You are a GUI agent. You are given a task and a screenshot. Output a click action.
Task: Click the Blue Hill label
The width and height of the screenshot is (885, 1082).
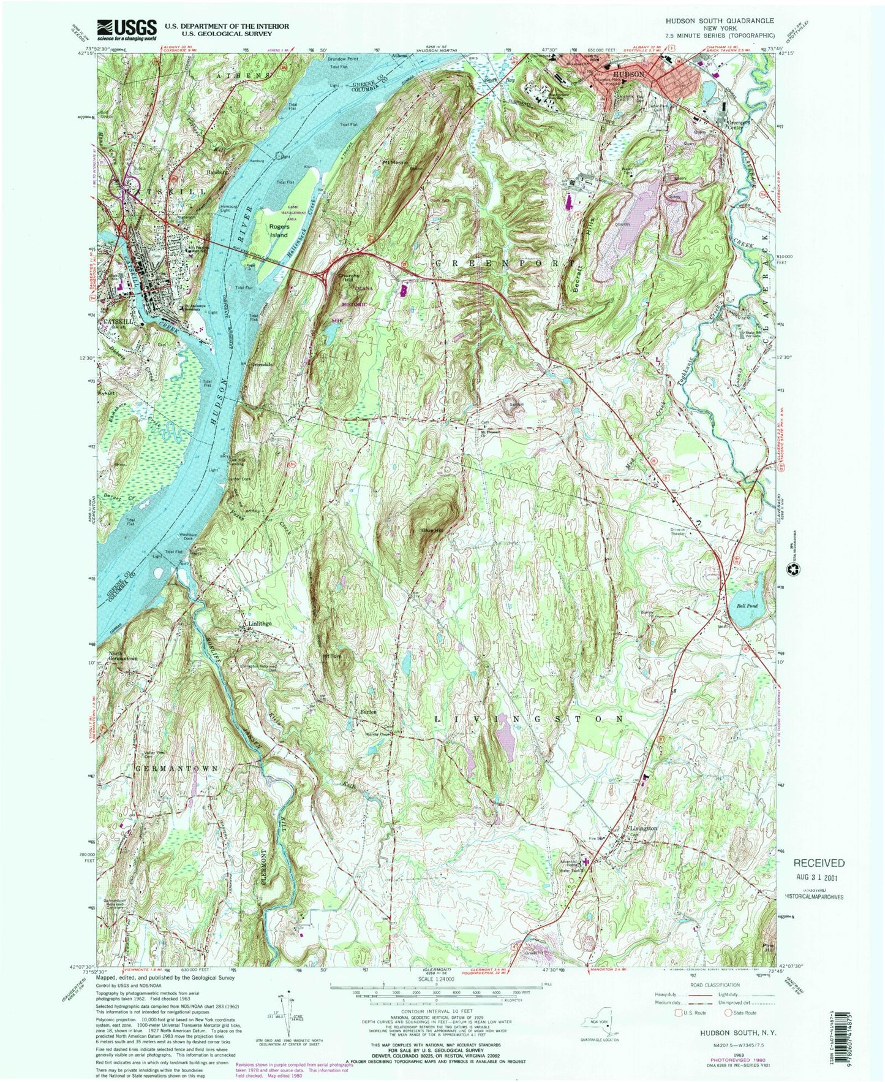431,530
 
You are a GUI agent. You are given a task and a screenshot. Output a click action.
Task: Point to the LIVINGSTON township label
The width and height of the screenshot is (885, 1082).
529,718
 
